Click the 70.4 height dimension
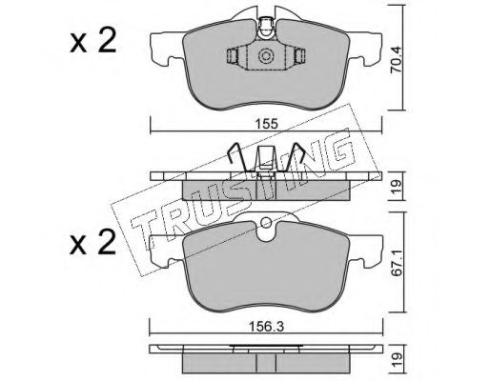pos(397,65)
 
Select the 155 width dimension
pos(266,124)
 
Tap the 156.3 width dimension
pos(266,326)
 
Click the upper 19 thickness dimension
pos(398,187)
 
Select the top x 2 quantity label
pos(92,42)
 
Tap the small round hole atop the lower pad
pos(266,222)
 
